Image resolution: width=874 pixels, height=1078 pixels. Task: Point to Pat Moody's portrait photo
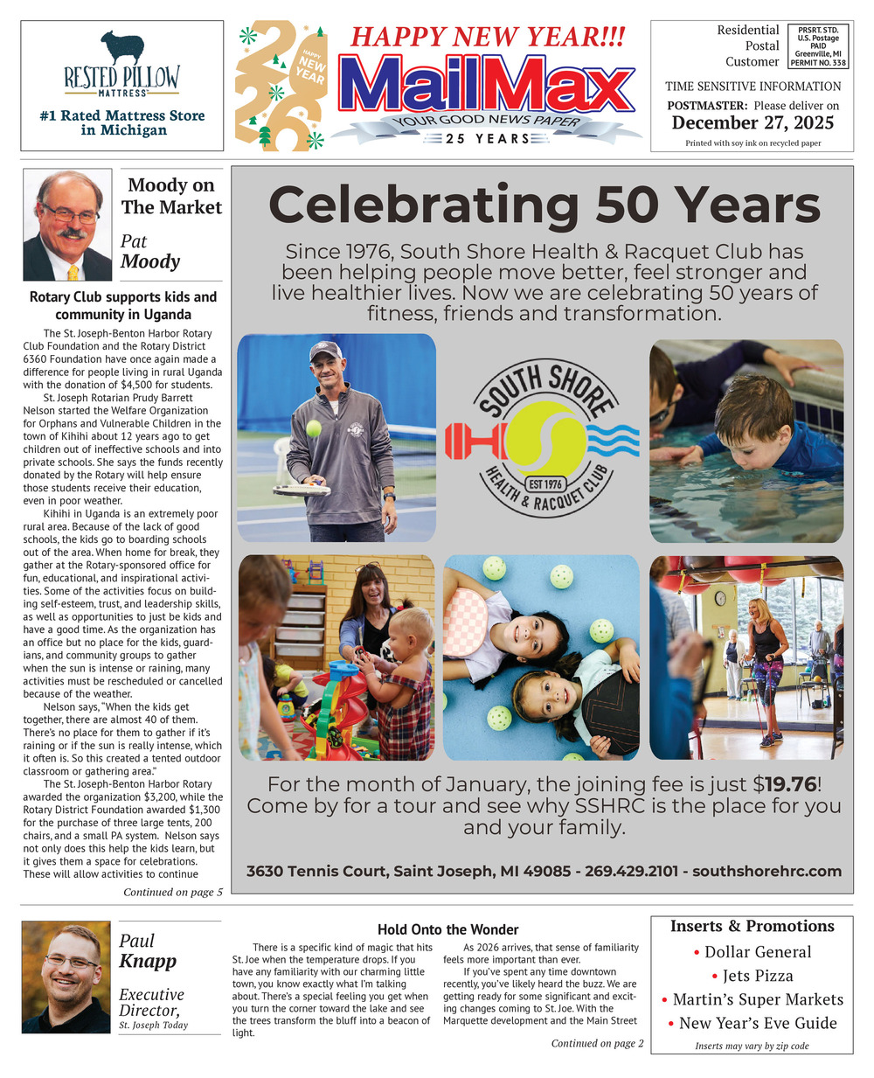coord(67,225)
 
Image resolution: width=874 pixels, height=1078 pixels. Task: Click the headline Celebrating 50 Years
coord(545,206)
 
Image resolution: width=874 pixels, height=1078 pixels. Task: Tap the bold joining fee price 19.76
coord(791,784)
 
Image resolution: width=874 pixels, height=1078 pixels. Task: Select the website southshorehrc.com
coord(766,871)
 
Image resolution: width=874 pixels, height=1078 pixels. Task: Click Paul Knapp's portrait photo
coord(66,977)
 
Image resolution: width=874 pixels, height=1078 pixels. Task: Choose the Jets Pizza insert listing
coord(752,976)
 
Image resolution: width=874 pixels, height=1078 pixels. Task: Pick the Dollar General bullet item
coord(752,952)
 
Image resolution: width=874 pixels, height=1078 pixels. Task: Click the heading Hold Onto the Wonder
coord(447,929)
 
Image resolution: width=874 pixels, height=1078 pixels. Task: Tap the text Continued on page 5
coord(173,893)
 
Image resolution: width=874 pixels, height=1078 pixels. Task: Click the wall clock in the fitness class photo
coord(719,599)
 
